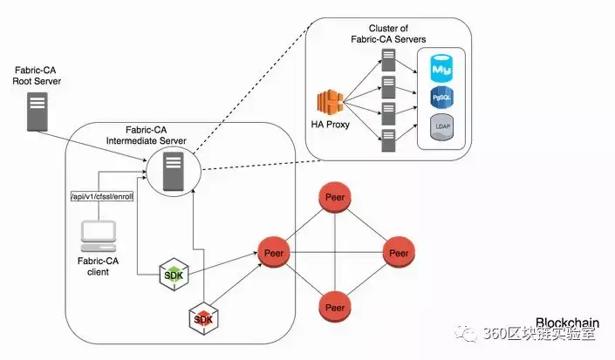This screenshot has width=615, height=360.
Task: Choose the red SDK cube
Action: point(202,319)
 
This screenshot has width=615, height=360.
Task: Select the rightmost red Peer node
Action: point(399,253)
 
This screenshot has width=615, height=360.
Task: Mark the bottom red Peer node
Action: point(335,308)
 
